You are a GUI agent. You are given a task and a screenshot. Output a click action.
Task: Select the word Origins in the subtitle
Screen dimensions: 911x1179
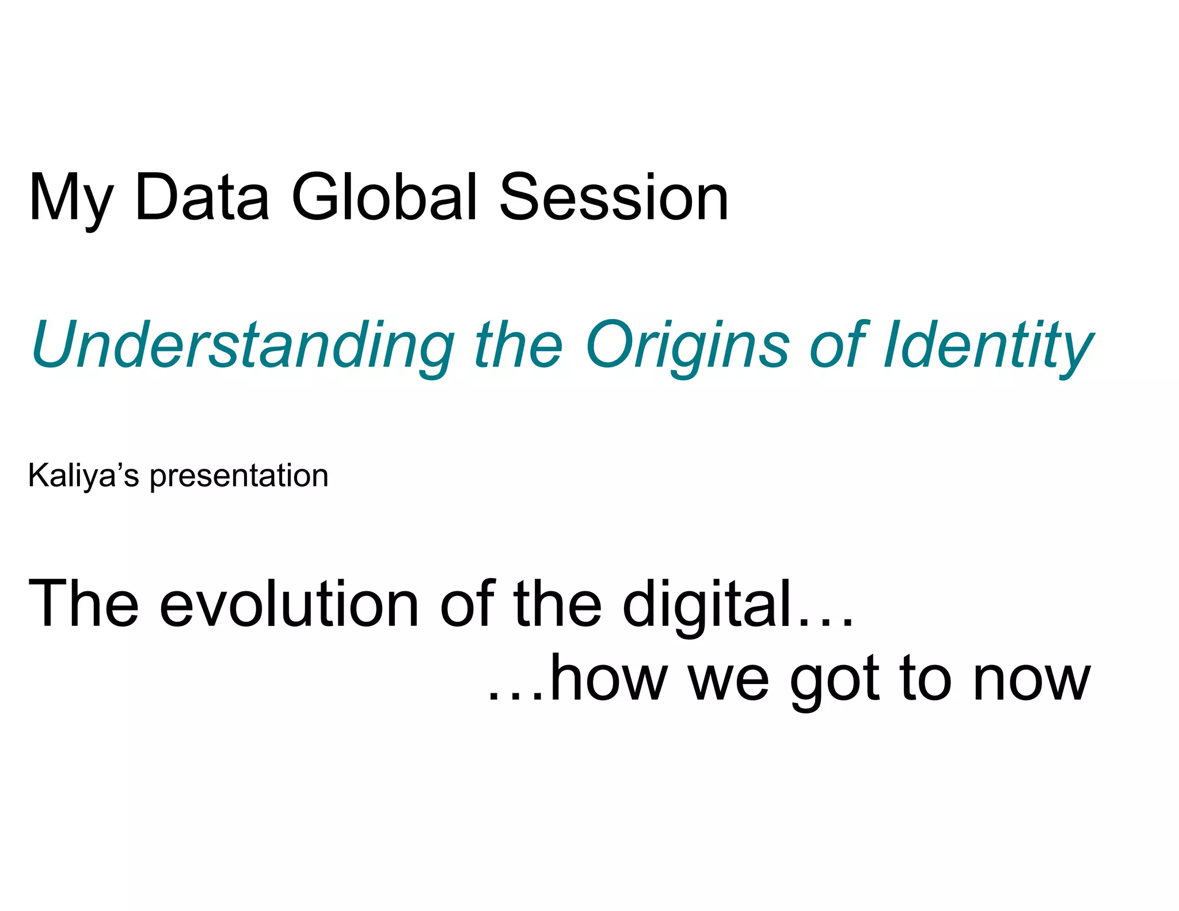(x=687, y=346)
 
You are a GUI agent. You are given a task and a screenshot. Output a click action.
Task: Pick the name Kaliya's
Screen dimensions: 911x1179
(x=83, y=476)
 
